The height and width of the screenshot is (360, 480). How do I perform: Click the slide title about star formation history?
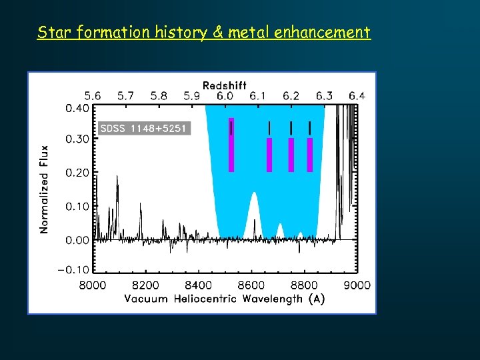[203, 32]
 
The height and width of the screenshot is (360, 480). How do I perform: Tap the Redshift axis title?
[224, 85]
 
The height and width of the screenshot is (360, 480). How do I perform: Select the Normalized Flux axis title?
[45, 189]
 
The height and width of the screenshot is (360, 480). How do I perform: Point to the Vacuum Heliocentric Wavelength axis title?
[225, 299]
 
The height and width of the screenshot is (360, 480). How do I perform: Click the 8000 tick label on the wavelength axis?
[93, 285]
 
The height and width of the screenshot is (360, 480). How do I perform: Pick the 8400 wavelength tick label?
[199, 285]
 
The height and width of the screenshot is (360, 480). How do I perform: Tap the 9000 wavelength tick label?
[357, 285]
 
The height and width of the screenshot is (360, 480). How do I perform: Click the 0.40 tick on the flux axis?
[77, 108]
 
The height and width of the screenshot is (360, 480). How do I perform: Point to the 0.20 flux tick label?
[77, 173]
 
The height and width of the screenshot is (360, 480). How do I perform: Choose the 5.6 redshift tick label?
[93, 96]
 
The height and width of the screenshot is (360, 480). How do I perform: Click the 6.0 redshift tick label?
[225, 96]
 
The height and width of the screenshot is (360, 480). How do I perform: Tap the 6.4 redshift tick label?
[357, 96]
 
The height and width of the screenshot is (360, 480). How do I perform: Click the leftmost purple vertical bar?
[231, 145]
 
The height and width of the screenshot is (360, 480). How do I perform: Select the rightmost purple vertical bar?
[310, 155]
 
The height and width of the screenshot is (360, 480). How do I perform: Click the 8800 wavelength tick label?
[305, 285]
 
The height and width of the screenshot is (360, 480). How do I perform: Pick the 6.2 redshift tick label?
[291, 96]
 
